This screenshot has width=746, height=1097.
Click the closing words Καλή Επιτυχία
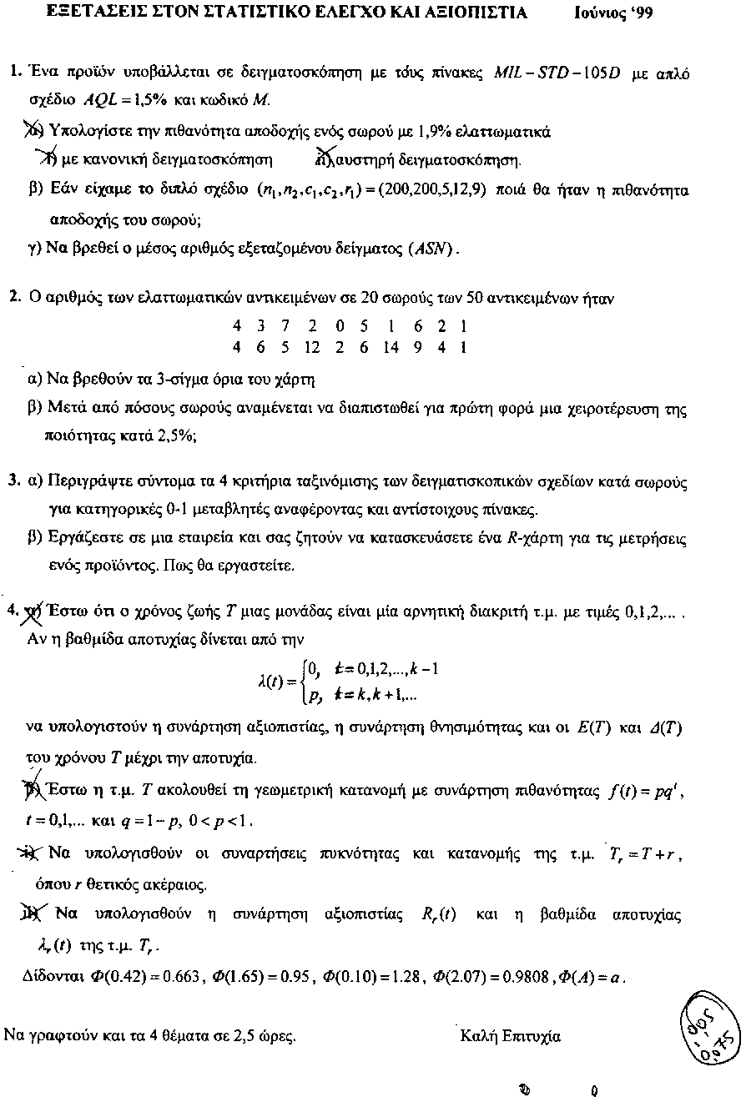click(510, 1037)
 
